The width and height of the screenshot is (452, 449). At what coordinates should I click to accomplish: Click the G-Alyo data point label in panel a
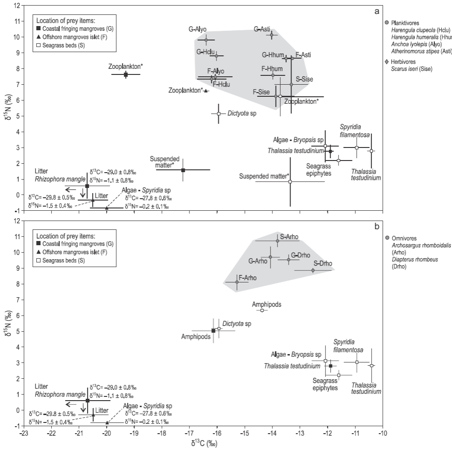pyautogui.click(x=198, y=29)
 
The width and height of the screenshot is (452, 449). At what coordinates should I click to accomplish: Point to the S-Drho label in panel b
pyautogui.click(x=322, y=263)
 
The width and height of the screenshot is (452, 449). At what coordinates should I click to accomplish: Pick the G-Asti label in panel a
pyautogui.click(x=263, y=29)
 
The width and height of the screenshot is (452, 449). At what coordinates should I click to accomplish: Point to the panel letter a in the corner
pyautogui.click(x=377, y=11)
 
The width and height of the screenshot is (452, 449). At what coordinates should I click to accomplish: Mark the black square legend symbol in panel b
pyautogui.click(x=41, y=244)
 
